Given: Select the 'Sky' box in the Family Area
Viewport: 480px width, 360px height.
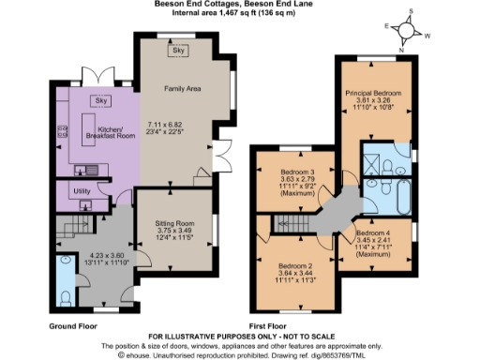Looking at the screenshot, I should point(176,52).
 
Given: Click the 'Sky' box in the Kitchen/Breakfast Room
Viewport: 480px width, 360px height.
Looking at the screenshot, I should point(101,100).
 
